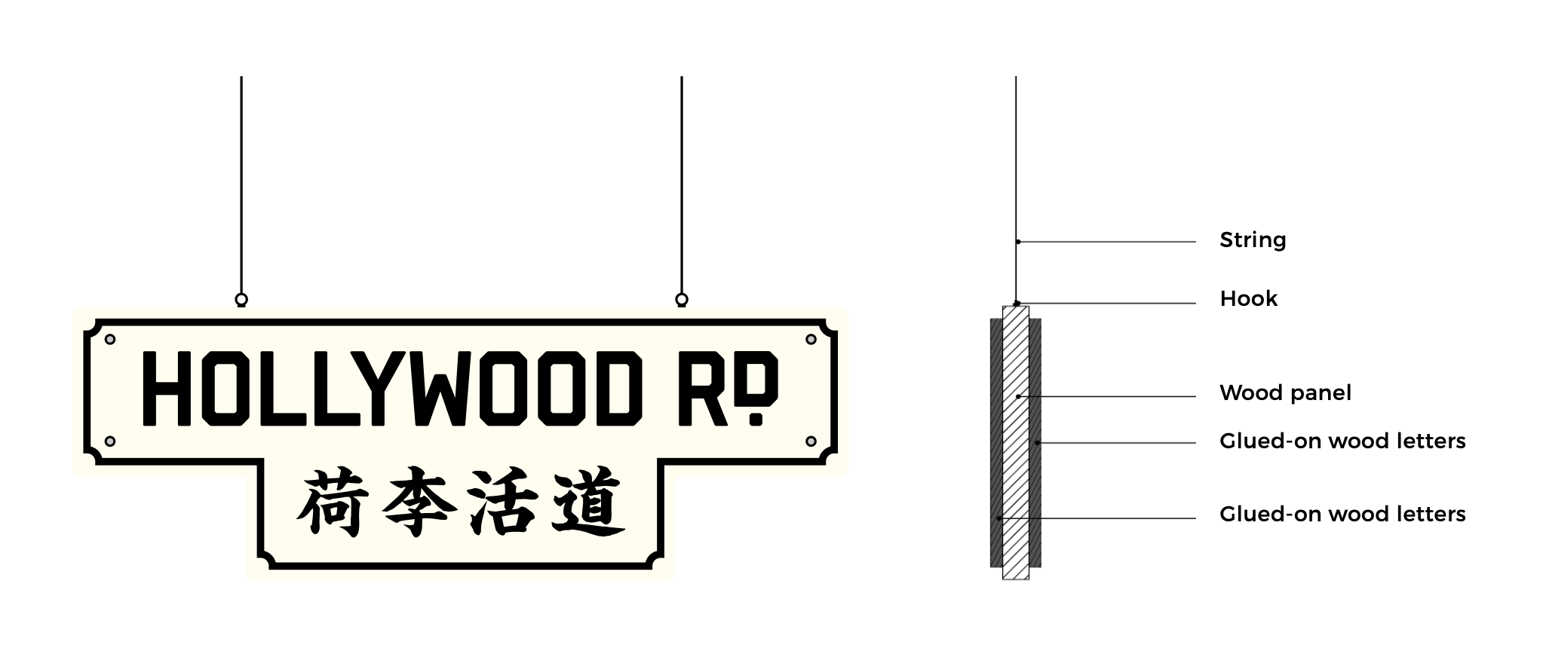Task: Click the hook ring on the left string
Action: (x=241, y=300)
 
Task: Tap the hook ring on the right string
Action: (x=682, y=300)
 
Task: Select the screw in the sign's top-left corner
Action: (x=110, y=339)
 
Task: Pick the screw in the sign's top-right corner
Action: (x=811, y=339)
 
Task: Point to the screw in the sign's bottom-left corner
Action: (x=110, y=441)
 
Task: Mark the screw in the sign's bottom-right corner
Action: (x=811, y=441)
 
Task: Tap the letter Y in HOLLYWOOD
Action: (x=385, y=389)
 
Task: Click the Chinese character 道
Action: (x=588, y=503)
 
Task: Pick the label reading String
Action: (x=1253, y=240)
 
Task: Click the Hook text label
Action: (x=1248, y=299)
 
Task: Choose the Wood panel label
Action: (x=1285, y=393)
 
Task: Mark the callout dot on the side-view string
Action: (x=1017, y=242)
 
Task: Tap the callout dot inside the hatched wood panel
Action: (x=1017, y=396)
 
